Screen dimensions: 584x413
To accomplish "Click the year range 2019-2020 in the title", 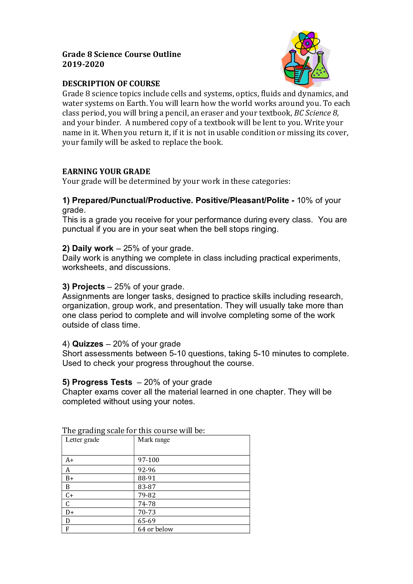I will click(x=83, y=64).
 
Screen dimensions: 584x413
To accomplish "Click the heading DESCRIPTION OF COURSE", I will click(x=111, y=84).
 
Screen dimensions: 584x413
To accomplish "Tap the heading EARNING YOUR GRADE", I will click(x=106, y=171).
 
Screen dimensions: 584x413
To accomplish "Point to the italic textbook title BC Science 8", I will click(x=316, y=113).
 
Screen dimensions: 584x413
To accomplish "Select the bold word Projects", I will click(x=88, y=287).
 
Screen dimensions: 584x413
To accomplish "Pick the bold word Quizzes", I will click(x=88, y=344).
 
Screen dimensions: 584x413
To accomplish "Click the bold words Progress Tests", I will click(x=102, y=382).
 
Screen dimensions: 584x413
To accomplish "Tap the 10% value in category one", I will click(x=304, y=200).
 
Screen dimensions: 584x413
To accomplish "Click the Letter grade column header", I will click(x=82, y=440).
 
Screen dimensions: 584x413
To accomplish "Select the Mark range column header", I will click(x=154, y=440).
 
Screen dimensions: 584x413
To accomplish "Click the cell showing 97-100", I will click(x=149, y=460).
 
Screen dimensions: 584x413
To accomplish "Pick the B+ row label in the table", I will click(x=70, y=478).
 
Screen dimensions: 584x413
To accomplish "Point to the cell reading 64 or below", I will click(x=156, y=529).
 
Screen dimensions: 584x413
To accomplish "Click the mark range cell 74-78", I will click(x=147, y=504).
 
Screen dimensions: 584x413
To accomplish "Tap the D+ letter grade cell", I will click(x=70, y=512).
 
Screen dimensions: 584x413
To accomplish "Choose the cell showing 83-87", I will click(x=147, y=487).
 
